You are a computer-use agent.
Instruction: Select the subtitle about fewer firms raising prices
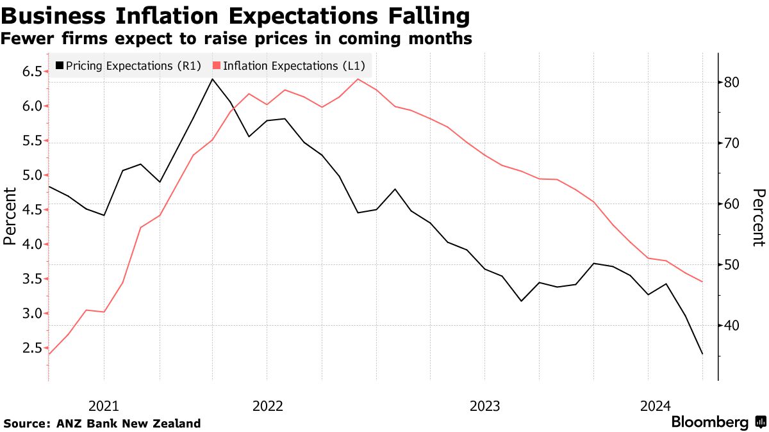(x=236, y=39)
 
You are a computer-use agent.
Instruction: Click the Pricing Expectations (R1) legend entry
(x=129, y=65)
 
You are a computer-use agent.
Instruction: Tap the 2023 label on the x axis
(x=484, y=406)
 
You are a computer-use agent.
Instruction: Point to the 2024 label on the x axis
(x=656, y=406)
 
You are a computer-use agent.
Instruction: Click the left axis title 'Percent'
(x=10, y=216)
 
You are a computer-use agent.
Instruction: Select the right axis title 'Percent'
(x=759, y=218)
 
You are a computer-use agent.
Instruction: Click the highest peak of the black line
(x=212, y=79)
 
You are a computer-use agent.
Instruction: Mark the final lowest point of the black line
(x=703, y=354)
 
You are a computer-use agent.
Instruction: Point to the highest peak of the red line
(x=358, y=79)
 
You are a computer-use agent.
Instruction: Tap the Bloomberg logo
(x=718, y=422)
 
